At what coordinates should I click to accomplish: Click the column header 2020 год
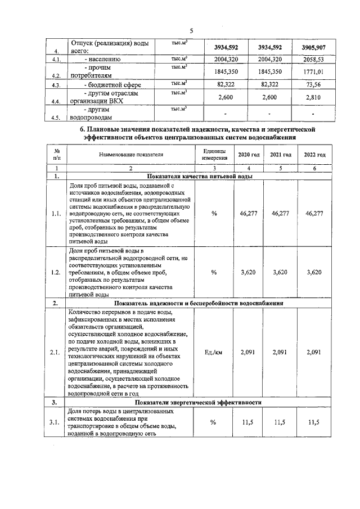(249, 155)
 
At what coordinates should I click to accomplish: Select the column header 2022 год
(314, 155)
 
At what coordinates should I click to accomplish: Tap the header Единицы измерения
(214, 155)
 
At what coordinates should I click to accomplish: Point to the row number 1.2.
(56, 272)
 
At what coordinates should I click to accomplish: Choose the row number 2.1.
(56, 353)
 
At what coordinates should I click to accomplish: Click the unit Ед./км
(214, 353)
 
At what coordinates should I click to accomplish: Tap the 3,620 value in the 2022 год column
(314, 272)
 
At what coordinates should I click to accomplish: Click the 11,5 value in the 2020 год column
(249, 423)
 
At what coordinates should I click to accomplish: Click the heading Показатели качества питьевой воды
(200, 176)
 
